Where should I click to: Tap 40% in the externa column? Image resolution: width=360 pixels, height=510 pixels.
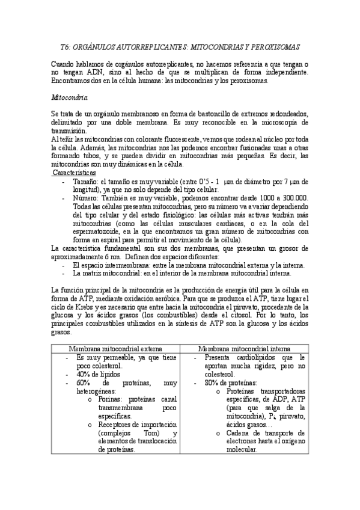tap(84, 373)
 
